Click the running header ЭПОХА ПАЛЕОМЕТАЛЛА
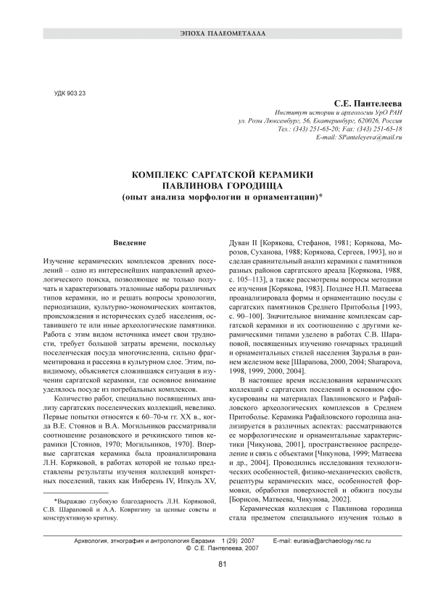(222, 34)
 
